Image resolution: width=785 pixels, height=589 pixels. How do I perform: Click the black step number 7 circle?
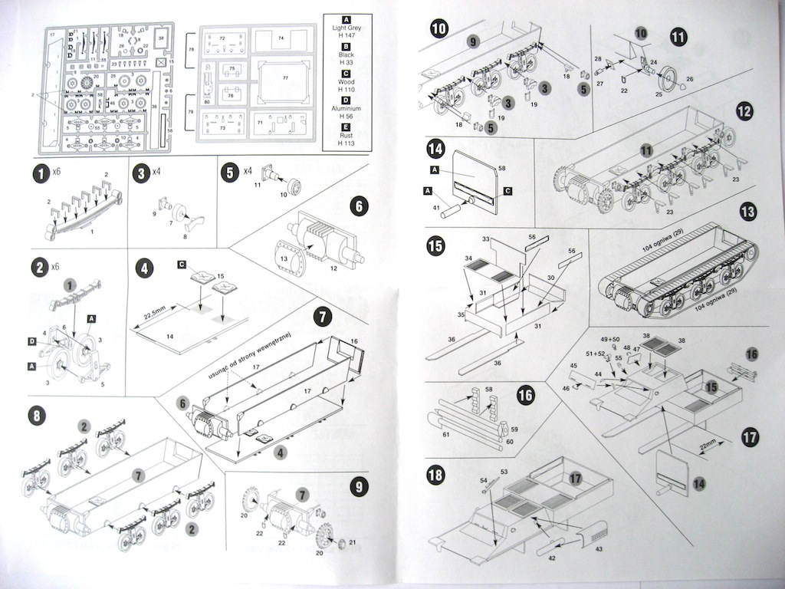click(x=323, y=316)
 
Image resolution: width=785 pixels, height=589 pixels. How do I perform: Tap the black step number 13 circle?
click(x=747, y=212)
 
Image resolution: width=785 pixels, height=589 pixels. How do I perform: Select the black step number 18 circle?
click(x=435, y=475)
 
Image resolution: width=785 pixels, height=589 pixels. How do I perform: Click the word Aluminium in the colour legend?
click(x=347, y=109)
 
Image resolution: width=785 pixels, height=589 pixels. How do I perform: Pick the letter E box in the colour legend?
click(x=347, y=127)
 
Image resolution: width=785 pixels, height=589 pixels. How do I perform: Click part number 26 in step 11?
click(x=689, y=78)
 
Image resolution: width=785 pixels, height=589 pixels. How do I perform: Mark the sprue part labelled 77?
click(x=285, y=78)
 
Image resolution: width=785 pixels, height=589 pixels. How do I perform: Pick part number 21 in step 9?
click(x=353, y=542)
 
